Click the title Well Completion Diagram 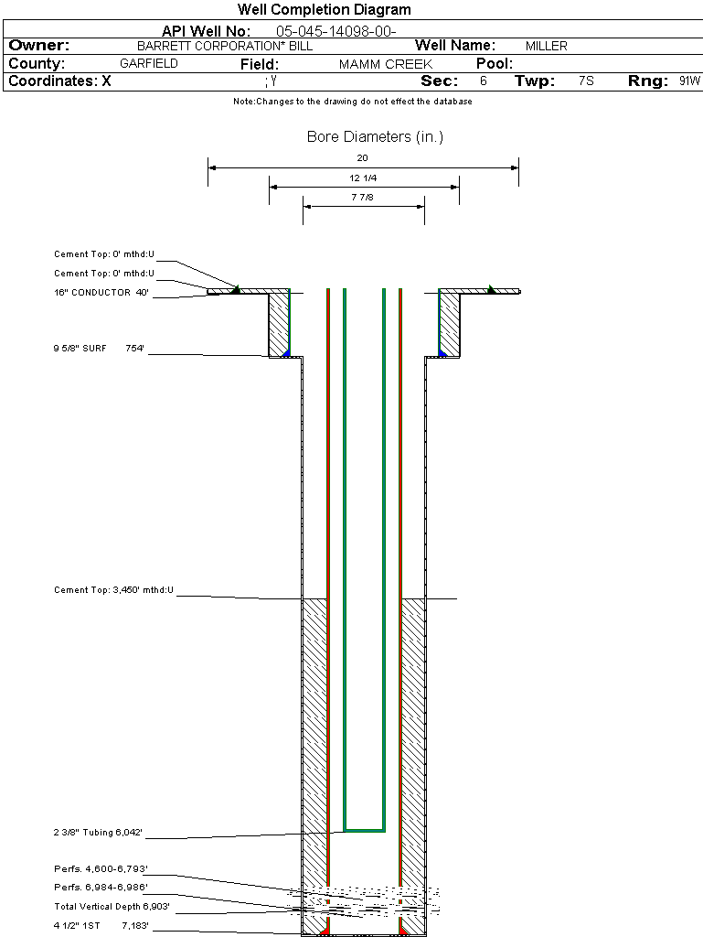pos(325,10)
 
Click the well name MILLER pos(546,46)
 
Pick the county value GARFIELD pos(149,64)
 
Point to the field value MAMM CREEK pos(385,64)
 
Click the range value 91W pos(689,81)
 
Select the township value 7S pos(586,81)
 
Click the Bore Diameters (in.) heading pos(375,137)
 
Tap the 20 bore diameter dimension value pos(363,157)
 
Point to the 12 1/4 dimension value pos(363,178)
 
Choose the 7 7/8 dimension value pos(363,197)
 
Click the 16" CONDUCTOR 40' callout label pos(101,293)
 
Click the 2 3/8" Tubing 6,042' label pos(98,833)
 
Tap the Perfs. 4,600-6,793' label pos(101,868)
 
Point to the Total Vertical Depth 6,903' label pos(112,906)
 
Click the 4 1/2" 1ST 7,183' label pos(101,926)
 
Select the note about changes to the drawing pos(353,102)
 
